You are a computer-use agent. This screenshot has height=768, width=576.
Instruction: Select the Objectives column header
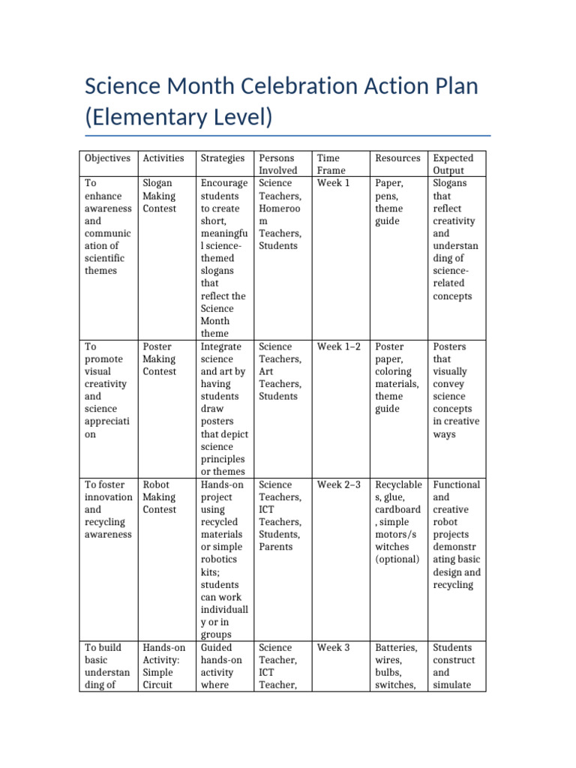tap(107, 158)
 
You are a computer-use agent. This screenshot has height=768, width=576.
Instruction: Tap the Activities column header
tap(163, 158)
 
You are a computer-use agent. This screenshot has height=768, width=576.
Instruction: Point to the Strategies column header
tap(222, 158)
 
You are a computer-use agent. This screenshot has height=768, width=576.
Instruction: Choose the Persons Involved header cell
tap(277, 164)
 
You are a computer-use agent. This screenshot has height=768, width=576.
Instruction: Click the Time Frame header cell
tap(328, 164)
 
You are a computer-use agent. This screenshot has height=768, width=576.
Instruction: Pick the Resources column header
tap(397, 158)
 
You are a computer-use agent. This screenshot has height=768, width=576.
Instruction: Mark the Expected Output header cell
tap(453, 164)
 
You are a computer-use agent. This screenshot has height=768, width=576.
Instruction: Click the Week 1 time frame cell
tap(333, 183)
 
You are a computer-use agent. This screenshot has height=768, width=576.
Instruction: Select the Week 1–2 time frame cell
tap(339, 346)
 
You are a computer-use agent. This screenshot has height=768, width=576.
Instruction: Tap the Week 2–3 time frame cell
tap(339, 484)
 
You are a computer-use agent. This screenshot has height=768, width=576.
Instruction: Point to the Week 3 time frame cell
tap(333, 647)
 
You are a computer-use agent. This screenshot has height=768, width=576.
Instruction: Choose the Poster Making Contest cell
tap(159, 359)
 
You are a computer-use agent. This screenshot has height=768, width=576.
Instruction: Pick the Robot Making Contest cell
tap(159, 497)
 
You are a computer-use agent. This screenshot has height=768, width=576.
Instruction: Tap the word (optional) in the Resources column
tap(397, 559)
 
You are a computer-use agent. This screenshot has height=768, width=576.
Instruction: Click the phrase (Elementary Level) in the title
tap(178, 118)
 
